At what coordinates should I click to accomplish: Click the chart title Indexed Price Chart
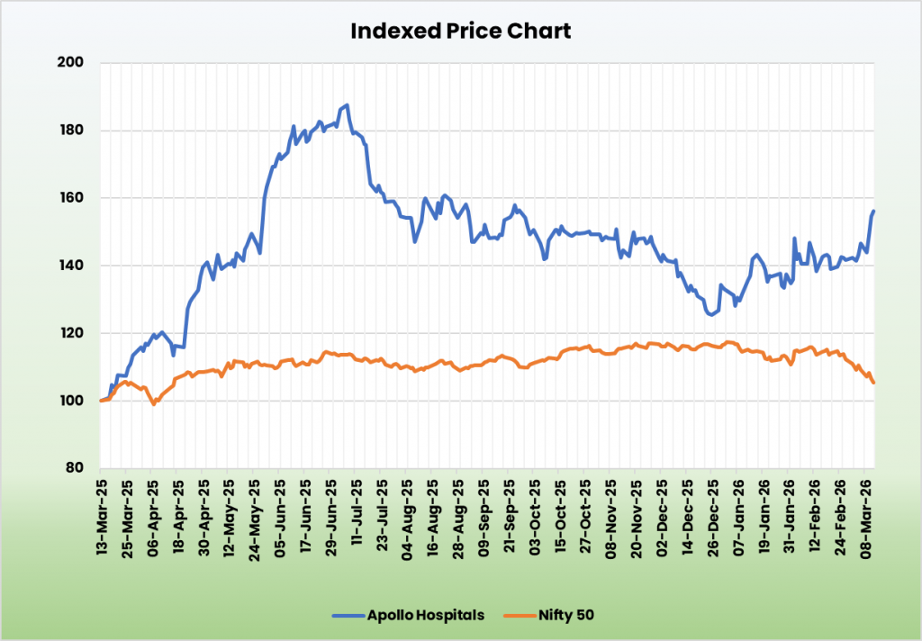point(460,31)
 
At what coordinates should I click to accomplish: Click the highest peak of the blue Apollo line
point(347,105)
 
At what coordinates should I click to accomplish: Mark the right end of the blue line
point(873,211)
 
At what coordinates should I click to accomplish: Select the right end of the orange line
point(873,383)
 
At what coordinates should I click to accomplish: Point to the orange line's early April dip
point(154,404)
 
